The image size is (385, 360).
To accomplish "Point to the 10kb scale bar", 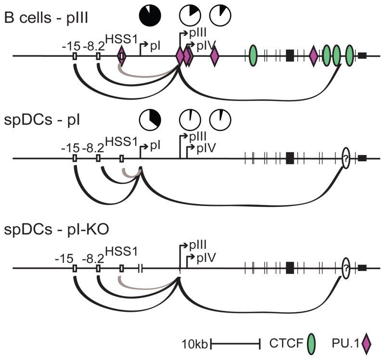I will pos(235,344).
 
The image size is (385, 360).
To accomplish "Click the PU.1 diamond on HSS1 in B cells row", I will pos(122,56).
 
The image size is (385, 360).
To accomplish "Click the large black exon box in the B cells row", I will pos(290,56).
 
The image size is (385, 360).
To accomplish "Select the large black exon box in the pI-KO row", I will pos(290,267).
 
